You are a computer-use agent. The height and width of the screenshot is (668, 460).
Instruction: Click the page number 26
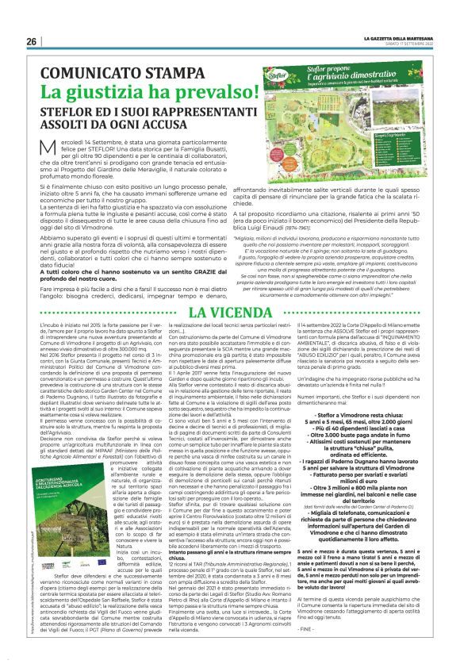click(32, 41)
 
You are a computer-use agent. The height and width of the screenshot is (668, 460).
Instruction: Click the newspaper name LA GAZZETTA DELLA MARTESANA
click(401, 38)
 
